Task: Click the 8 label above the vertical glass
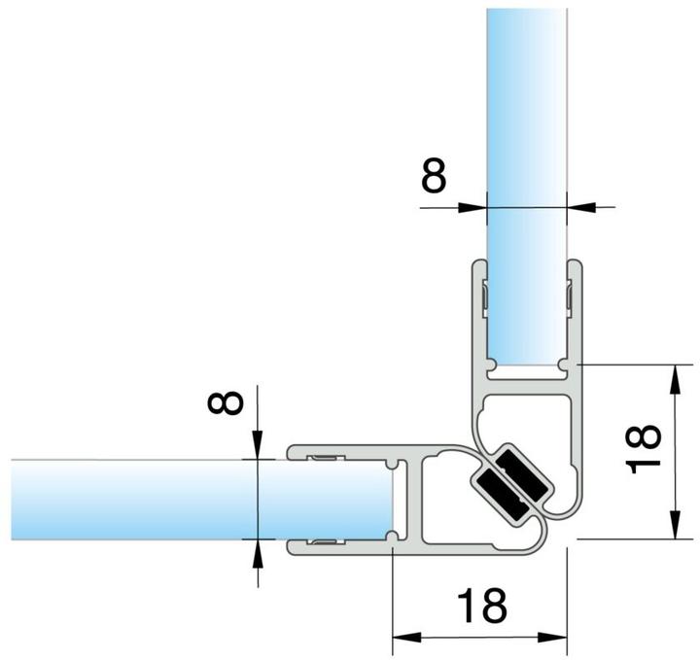(x=434, y=175)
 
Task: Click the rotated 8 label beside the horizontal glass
(x=226, y=403)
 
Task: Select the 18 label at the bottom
(x=482, y=605)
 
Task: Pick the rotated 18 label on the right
(x=643, y=448)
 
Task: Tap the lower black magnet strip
(x=499, y=494)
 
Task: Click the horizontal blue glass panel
(x=202, y=500)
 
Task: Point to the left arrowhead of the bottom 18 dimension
(x=406, y=638)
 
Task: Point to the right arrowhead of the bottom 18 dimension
(x=552, y=638)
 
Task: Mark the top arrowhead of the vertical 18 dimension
(x=676, y=380)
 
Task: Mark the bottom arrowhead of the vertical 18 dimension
(x=676, y=524)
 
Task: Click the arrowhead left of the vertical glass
(x=472, y=207)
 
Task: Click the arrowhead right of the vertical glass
(x=581, y=207)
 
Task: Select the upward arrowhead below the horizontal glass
(x=258, y=554)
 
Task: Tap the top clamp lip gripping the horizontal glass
(x=339, y=453)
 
